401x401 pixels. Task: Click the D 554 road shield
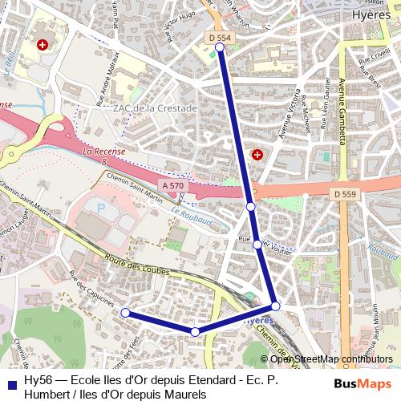click(219, 37)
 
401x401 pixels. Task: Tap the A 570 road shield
click(172, 185)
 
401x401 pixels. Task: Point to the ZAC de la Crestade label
click(155, 108)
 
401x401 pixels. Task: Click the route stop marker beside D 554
click(220, 48)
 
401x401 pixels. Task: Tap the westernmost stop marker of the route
click(124, 312)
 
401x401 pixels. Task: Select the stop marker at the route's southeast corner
click(275, 306)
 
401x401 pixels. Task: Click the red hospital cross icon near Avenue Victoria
click(257, 153)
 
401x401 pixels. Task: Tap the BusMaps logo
click(362, 383)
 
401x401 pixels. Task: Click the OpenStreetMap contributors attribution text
click(331, 358)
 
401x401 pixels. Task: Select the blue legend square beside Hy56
click(11, 383)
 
